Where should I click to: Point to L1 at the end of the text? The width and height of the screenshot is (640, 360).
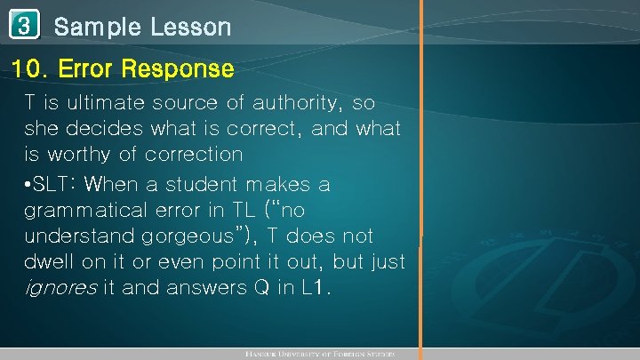[x=315, y=288]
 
